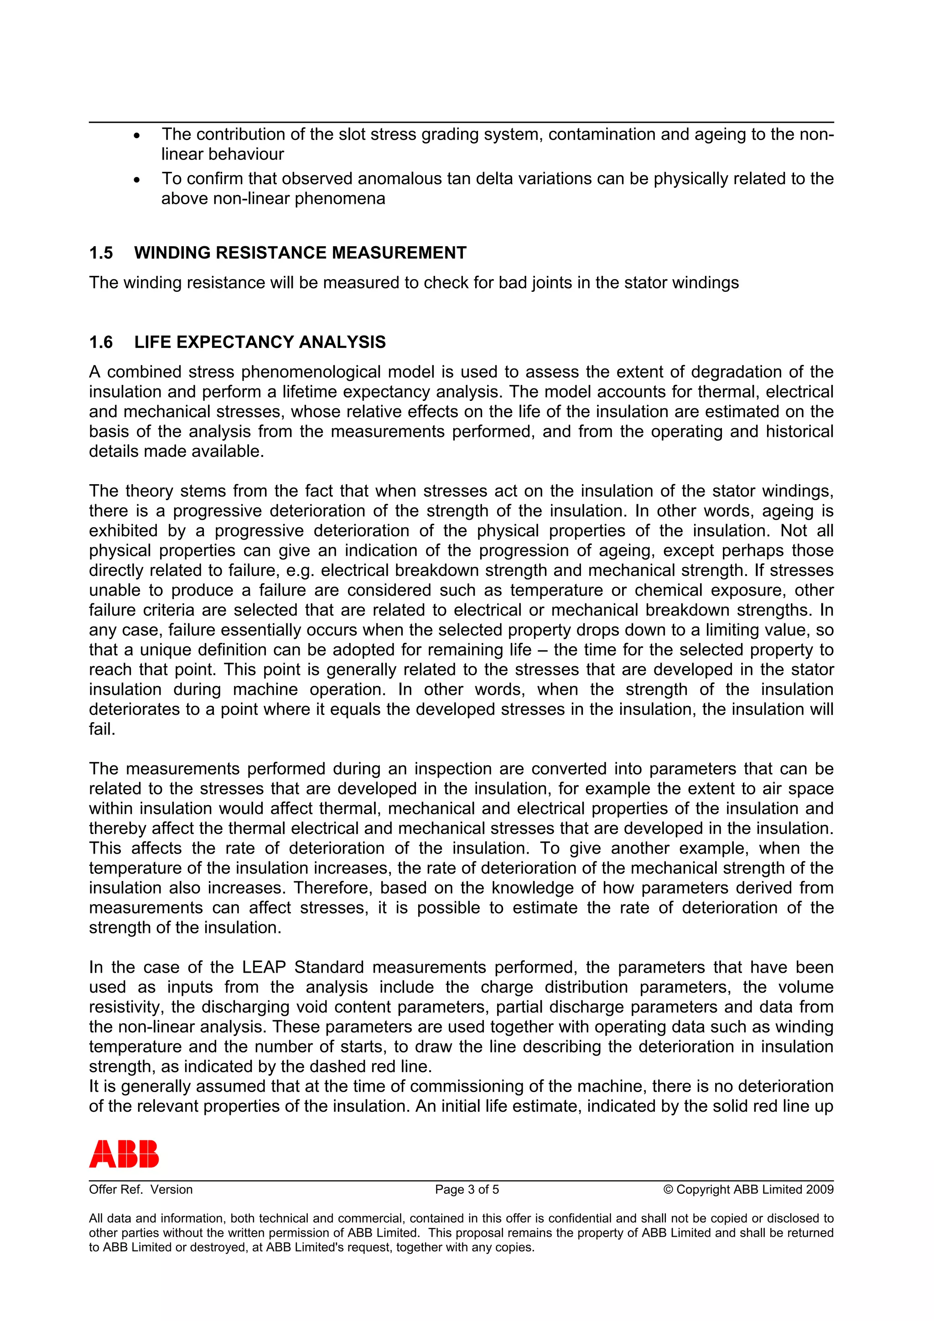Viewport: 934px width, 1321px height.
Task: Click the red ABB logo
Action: pyautogui.click(x=124, y=1153)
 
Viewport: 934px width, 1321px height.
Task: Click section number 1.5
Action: pyautogui.click(x=101, y=253)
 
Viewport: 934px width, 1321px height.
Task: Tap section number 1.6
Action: pyautogui.click(x=101, y=342)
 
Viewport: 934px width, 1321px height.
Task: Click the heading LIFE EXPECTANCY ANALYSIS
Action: pyautogui.click(x=259, y=342)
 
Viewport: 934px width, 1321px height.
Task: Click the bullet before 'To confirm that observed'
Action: pyautogui.click(x=136, y=180)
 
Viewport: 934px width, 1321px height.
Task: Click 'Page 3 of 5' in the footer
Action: pyautogui.click(x=467, y=1189)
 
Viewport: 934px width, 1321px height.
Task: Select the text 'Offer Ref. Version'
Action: pyautogui.click(x=140, y=1189)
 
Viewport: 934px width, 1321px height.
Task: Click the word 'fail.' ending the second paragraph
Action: pyautogui.click(x=102, y=730)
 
